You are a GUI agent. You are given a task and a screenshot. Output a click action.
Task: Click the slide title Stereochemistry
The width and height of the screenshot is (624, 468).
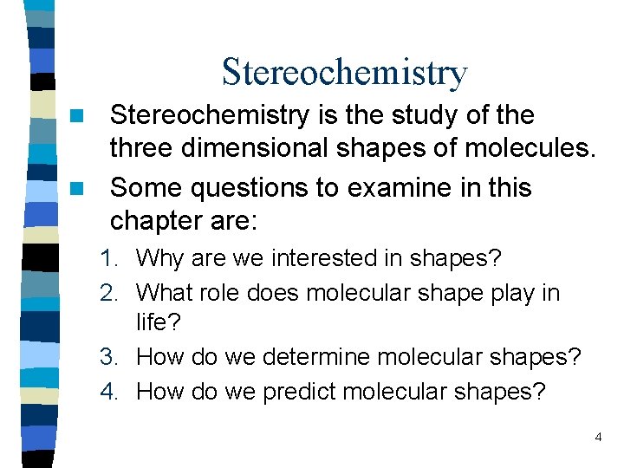coord(344,72)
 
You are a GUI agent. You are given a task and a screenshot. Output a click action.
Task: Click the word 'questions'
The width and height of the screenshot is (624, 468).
coord(262,188)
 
